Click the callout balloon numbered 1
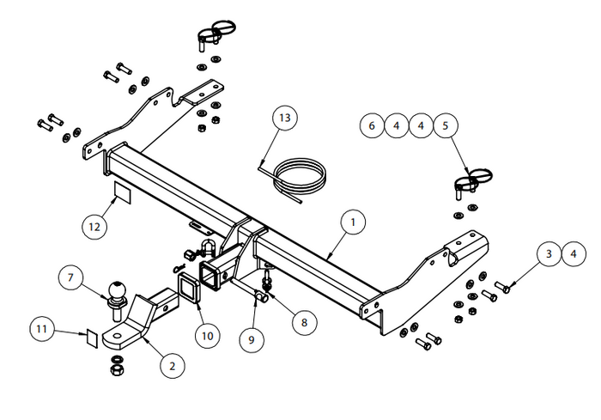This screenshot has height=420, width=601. click(x=351, y=222)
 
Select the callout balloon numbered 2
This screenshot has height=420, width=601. click(x=172, y=366)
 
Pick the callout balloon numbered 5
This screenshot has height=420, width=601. click(x=445, y=126)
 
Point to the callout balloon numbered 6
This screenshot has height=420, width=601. click(x=372, y=126)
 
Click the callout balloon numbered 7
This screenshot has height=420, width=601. click(x=70, y=277)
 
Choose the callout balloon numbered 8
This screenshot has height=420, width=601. click(x=303, y=322)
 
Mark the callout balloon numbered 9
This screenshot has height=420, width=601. click(x=252, y=339)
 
